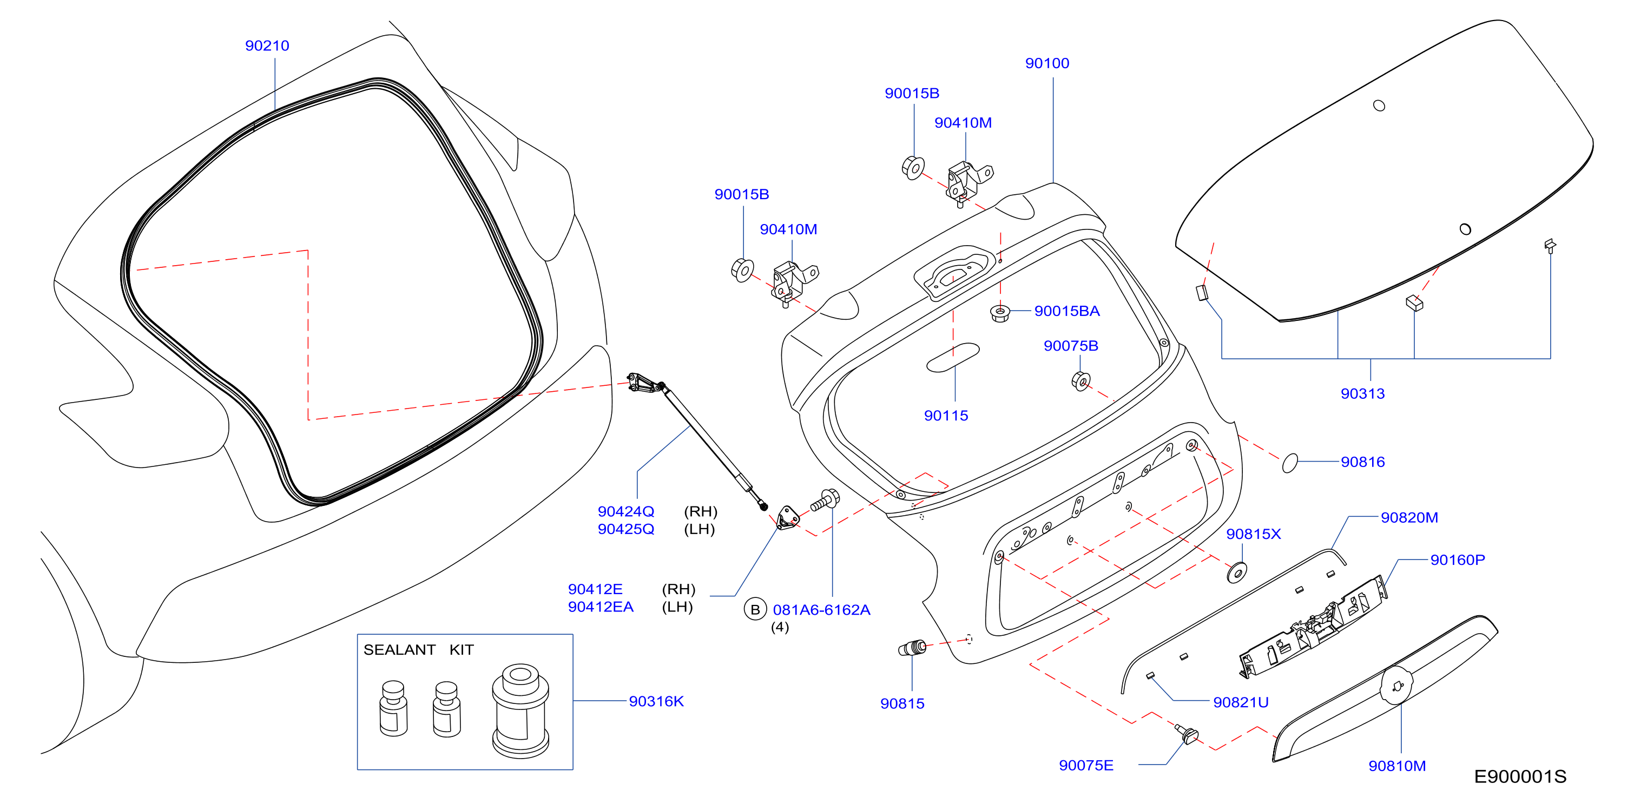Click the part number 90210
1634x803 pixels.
(267, 45)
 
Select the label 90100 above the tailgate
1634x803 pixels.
(1047, 63)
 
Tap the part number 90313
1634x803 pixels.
(1362, 394)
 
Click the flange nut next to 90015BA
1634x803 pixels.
(1000, 313)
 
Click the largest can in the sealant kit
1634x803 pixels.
(520, 711)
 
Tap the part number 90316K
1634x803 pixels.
(656, 701)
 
